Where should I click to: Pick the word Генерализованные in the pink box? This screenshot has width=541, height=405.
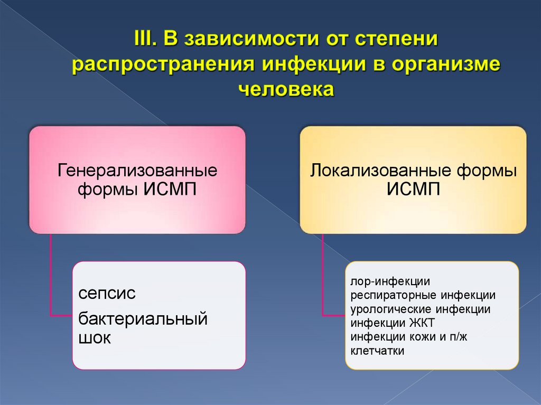tap(137, 171)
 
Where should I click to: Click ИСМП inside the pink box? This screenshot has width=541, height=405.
tap(170, 189)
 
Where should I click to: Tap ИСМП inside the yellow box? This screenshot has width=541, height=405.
tap(413, 189)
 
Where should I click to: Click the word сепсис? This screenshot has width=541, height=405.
tap(107, 293)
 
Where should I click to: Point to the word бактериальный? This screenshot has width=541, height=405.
tap(143, 318)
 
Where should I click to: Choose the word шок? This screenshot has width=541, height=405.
tap(95, 338)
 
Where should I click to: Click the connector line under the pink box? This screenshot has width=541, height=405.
tap(51, 275)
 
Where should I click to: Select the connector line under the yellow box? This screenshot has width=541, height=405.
tap(323, 275)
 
